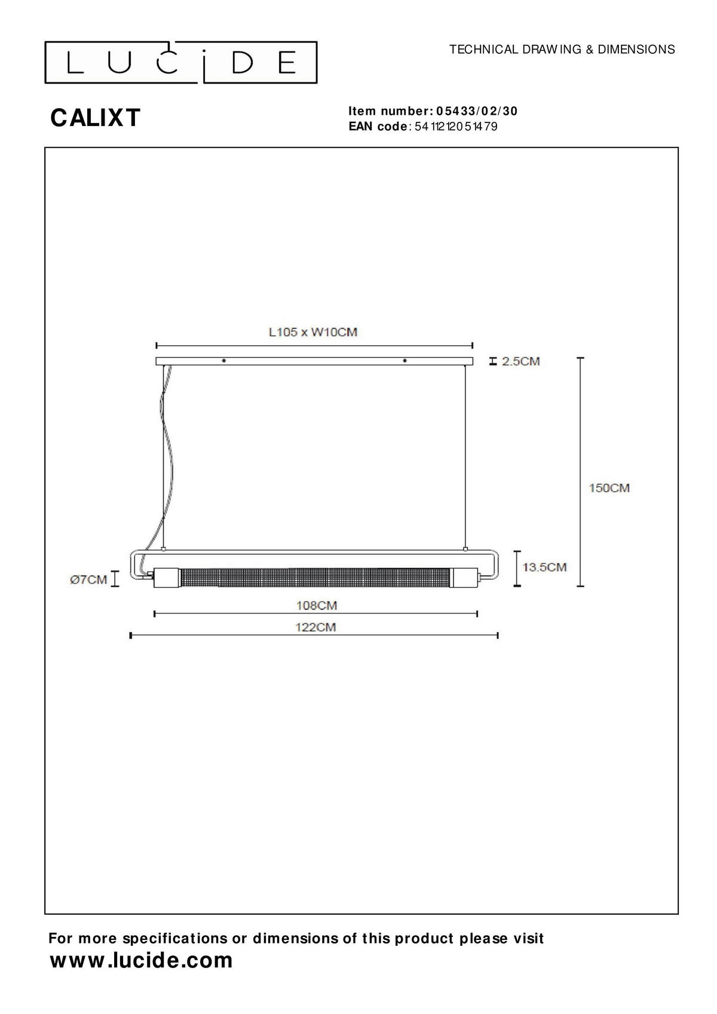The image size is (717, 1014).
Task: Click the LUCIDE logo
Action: click(x=180, y=62)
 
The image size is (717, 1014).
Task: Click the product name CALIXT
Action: click(x=96, y=118)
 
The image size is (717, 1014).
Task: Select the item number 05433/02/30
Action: click(x=477, y=111)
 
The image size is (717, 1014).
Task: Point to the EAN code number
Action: click(x=455, y=127)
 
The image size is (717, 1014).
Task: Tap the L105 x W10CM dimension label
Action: click(x=313, y=332)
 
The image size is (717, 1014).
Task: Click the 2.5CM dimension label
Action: click(x=520, y=361)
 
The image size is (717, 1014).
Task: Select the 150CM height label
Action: click(x=609, y=488)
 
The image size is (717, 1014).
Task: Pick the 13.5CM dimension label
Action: click(x=544, y=566)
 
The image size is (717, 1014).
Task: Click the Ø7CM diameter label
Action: click(x=88, y=579)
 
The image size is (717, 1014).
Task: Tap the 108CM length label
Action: click(x=317, y=605)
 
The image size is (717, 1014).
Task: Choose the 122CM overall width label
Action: click(x=315, y=627)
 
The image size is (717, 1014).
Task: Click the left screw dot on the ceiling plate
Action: click(x=223, y=360)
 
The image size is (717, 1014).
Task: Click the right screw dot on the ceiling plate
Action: click(x=405, y=360)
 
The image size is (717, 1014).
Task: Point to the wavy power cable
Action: click(x=169, y=454)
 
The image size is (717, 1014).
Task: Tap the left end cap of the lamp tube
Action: click(x=167, y=578)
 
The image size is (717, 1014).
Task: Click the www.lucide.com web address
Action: click(x=141, y=960)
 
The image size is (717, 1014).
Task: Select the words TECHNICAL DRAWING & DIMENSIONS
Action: click(x=562, y=50)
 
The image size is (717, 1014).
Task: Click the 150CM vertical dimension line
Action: click(x=580, y=472)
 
